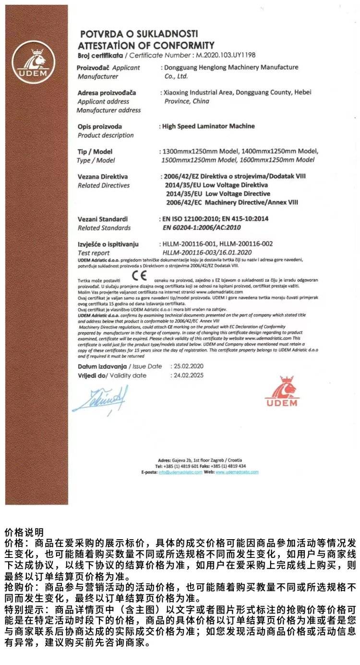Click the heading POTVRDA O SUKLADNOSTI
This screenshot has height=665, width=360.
pyautogui.click(x=139, y=34)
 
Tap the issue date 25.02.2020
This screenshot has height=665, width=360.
pyautogui.click(x=187, y=366)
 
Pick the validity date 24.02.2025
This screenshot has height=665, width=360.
pyautogui.click(x=187, y=375)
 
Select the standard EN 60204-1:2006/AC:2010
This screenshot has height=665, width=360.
pyautogui.click(x=202, y=227)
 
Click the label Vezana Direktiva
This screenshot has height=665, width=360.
pyautogui.click(x=103, y=176)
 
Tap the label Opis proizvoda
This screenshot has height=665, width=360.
pyautogui.click(x=100, y=126)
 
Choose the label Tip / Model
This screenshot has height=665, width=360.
pyautogui.click(x=95, y=151)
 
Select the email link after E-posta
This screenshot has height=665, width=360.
pyautogui.click(x=180, y=472)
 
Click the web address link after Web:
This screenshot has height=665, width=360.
pyautogui.click(x=237, y=472)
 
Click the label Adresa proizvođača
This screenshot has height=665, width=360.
pyautogui.click(x=107, y=92)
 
